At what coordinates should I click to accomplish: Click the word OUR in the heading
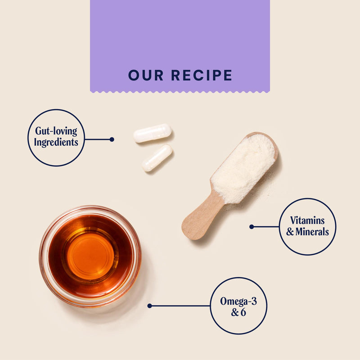coord(146,75)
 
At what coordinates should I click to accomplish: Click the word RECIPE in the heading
coord(202,75)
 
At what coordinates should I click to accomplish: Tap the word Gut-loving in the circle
coord(56,131)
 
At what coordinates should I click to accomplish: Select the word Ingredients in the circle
coord(56,142)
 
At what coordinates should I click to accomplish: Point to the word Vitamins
coord(307,220)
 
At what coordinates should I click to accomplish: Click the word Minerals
coord(312,231)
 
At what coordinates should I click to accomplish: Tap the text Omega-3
coord(238,301)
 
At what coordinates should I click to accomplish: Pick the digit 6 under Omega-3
coord(243,312)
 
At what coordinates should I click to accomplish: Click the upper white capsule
coord(153,133)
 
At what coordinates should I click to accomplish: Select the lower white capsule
coord(157,158)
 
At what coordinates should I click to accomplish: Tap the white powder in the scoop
coord(243,169)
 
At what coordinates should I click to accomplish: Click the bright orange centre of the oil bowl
coord(90,256)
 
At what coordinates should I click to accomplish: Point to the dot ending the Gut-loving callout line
coord(112,139)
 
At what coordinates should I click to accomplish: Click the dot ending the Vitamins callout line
coord(252,227)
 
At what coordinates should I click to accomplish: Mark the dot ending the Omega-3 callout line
coord(150,306)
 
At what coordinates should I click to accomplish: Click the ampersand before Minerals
coord(290,232)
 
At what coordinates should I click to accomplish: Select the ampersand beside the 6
coord(235,312)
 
